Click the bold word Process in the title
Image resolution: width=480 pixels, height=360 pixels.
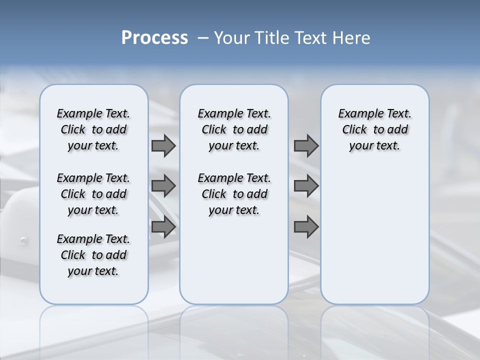click(x=154, y=38)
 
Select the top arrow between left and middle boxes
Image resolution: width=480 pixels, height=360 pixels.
click(x=163, y=145)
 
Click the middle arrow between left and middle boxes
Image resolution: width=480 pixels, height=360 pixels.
click(x=163, y=186)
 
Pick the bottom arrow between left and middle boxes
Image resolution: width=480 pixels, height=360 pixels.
click(x=163, y=227)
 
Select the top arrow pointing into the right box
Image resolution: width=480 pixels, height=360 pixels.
click(x=306, y=145)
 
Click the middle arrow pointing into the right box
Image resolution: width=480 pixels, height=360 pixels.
click(x=306, y=186)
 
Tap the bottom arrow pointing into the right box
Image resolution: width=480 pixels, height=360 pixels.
click(x=306, y=227)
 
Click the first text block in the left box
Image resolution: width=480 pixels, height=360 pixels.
click(x=93, y=129)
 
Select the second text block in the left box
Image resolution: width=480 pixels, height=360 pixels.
click(x=93, y=194)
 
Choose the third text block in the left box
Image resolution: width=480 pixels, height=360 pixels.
click(x=93, y=255)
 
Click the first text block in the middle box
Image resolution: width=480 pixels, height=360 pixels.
click(x=234, y=129)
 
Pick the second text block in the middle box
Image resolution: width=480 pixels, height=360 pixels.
click(x=234, y=194)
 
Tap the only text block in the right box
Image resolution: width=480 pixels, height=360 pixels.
click(x=375, y=129)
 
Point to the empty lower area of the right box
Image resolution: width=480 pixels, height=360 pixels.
click(x=375, y=240)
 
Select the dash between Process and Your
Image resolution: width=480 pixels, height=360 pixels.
click(x=203, y=38)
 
